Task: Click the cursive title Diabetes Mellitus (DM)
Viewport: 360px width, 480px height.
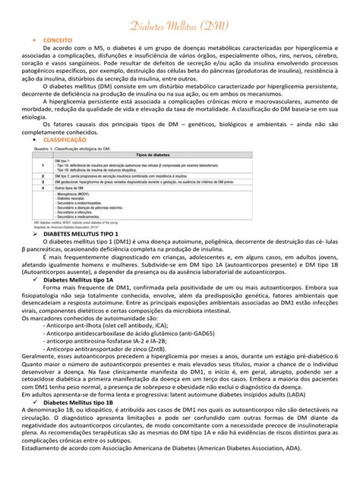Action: tap(180, 27)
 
